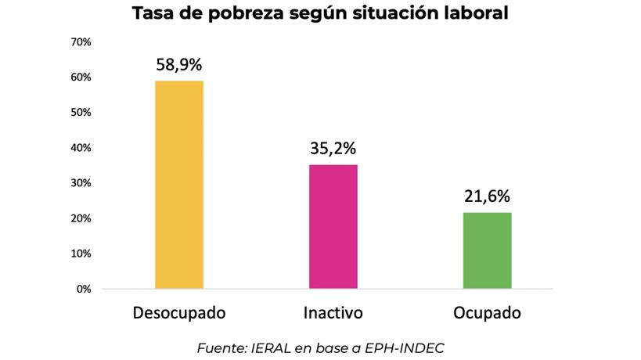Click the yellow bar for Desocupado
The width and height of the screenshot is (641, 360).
point(179,185)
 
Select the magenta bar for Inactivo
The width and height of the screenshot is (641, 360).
point(333,226)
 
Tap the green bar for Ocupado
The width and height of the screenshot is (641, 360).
point(487,250)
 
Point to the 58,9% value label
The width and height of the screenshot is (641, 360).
point(179,64)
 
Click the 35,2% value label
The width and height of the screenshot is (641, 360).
point(333,148)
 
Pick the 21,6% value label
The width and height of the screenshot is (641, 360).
point(487,196)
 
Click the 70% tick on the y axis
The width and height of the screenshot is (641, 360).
point(81,41)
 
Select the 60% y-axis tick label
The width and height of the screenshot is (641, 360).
point(81,77)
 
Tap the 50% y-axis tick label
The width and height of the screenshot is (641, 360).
point(81,113)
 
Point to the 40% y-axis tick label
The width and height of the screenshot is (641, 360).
point(81,148)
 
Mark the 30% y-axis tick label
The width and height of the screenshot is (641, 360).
point(81,183)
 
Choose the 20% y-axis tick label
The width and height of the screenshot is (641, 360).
point(81,218)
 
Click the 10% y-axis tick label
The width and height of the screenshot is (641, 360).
point(81,254)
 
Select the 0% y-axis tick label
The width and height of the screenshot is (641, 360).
point(84,289)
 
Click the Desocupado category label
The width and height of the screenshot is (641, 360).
point(179,313)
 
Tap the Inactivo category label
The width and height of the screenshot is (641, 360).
point(333,313)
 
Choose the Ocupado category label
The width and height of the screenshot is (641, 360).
point(487,313)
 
